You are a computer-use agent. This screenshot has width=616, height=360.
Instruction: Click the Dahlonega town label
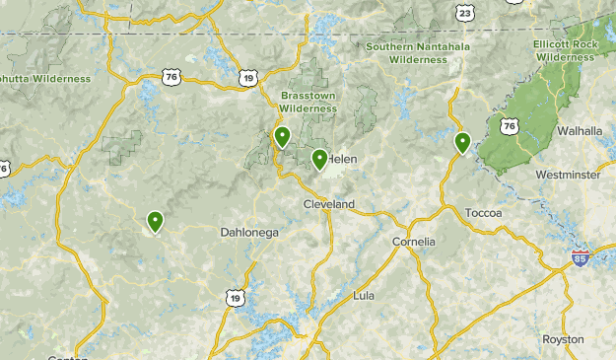249,233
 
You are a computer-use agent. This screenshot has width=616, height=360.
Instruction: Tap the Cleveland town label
328,204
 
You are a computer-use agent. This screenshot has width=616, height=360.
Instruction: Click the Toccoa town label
483,213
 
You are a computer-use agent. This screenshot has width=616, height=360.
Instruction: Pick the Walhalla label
579,130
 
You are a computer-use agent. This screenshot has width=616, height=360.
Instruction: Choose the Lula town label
364,296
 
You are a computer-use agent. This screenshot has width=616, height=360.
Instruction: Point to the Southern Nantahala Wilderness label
418,52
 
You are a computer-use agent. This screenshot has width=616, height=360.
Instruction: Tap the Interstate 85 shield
581,258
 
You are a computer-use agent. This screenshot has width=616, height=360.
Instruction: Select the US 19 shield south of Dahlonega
235,298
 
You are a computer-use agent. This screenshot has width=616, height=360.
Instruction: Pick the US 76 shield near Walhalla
509,126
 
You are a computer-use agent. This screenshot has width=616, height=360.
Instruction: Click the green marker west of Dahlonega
155,222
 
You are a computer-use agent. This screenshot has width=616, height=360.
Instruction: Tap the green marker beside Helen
319,158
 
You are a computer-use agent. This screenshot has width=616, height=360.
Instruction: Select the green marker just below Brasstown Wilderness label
282,136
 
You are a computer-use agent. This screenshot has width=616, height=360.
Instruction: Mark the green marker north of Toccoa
462,142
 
